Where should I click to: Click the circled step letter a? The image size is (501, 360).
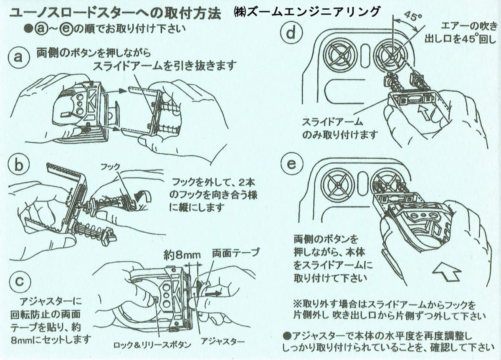point(18,57)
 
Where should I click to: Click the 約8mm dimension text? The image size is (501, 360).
point(182,254)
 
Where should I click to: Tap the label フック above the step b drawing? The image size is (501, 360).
point(111,166)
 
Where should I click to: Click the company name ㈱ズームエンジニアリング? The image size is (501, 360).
point(307,11)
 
